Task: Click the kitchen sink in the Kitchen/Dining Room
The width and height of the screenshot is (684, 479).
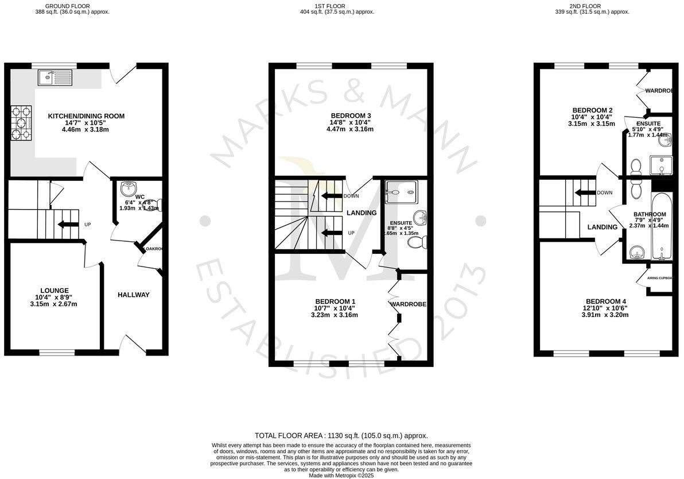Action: point(56,76)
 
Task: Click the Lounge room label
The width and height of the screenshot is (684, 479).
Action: point(55,291)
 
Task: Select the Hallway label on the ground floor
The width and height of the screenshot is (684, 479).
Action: point(134,295)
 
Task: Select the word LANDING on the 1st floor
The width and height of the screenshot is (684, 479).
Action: point(362,213)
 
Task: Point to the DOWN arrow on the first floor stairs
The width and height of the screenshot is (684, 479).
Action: point(331,196)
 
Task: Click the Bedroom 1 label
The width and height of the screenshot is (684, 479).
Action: point(336,302)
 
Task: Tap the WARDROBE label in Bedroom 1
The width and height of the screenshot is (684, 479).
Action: point(409,304)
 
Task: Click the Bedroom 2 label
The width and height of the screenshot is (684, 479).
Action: point(593,110)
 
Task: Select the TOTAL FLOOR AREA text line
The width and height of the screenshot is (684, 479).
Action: point(341,436)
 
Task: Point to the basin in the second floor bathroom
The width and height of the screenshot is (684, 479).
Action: point(636,252)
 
